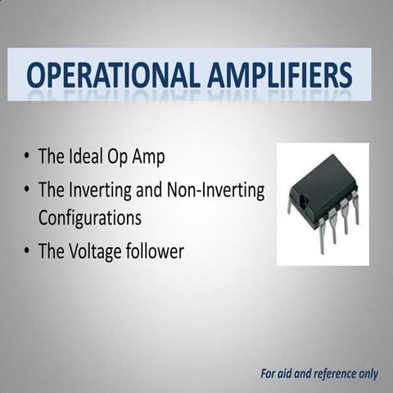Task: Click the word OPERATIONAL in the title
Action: (x=109, y=75)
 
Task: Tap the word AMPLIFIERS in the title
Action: (x=277, y=75)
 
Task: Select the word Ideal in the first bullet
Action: (x=88, y=156)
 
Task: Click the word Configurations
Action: (x=90, y=219)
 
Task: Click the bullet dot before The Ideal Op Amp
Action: (x=29, y=156)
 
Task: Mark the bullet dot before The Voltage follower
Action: (x=29, y=251)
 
